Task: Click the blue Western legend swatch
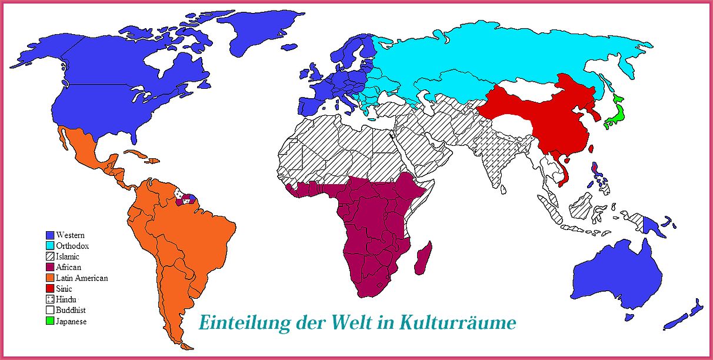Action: click(49, 235)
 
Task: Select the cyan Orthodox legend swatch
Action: click(49, 246)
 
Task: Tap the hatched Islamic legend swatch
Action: click(49, 257)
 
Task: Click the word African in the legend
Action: click(68, 268)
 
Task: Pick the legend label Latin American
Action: click(82, 278)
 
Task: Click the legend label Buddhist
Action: click(71, 311)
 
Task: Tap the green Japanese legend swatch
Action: click(49, 322)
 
